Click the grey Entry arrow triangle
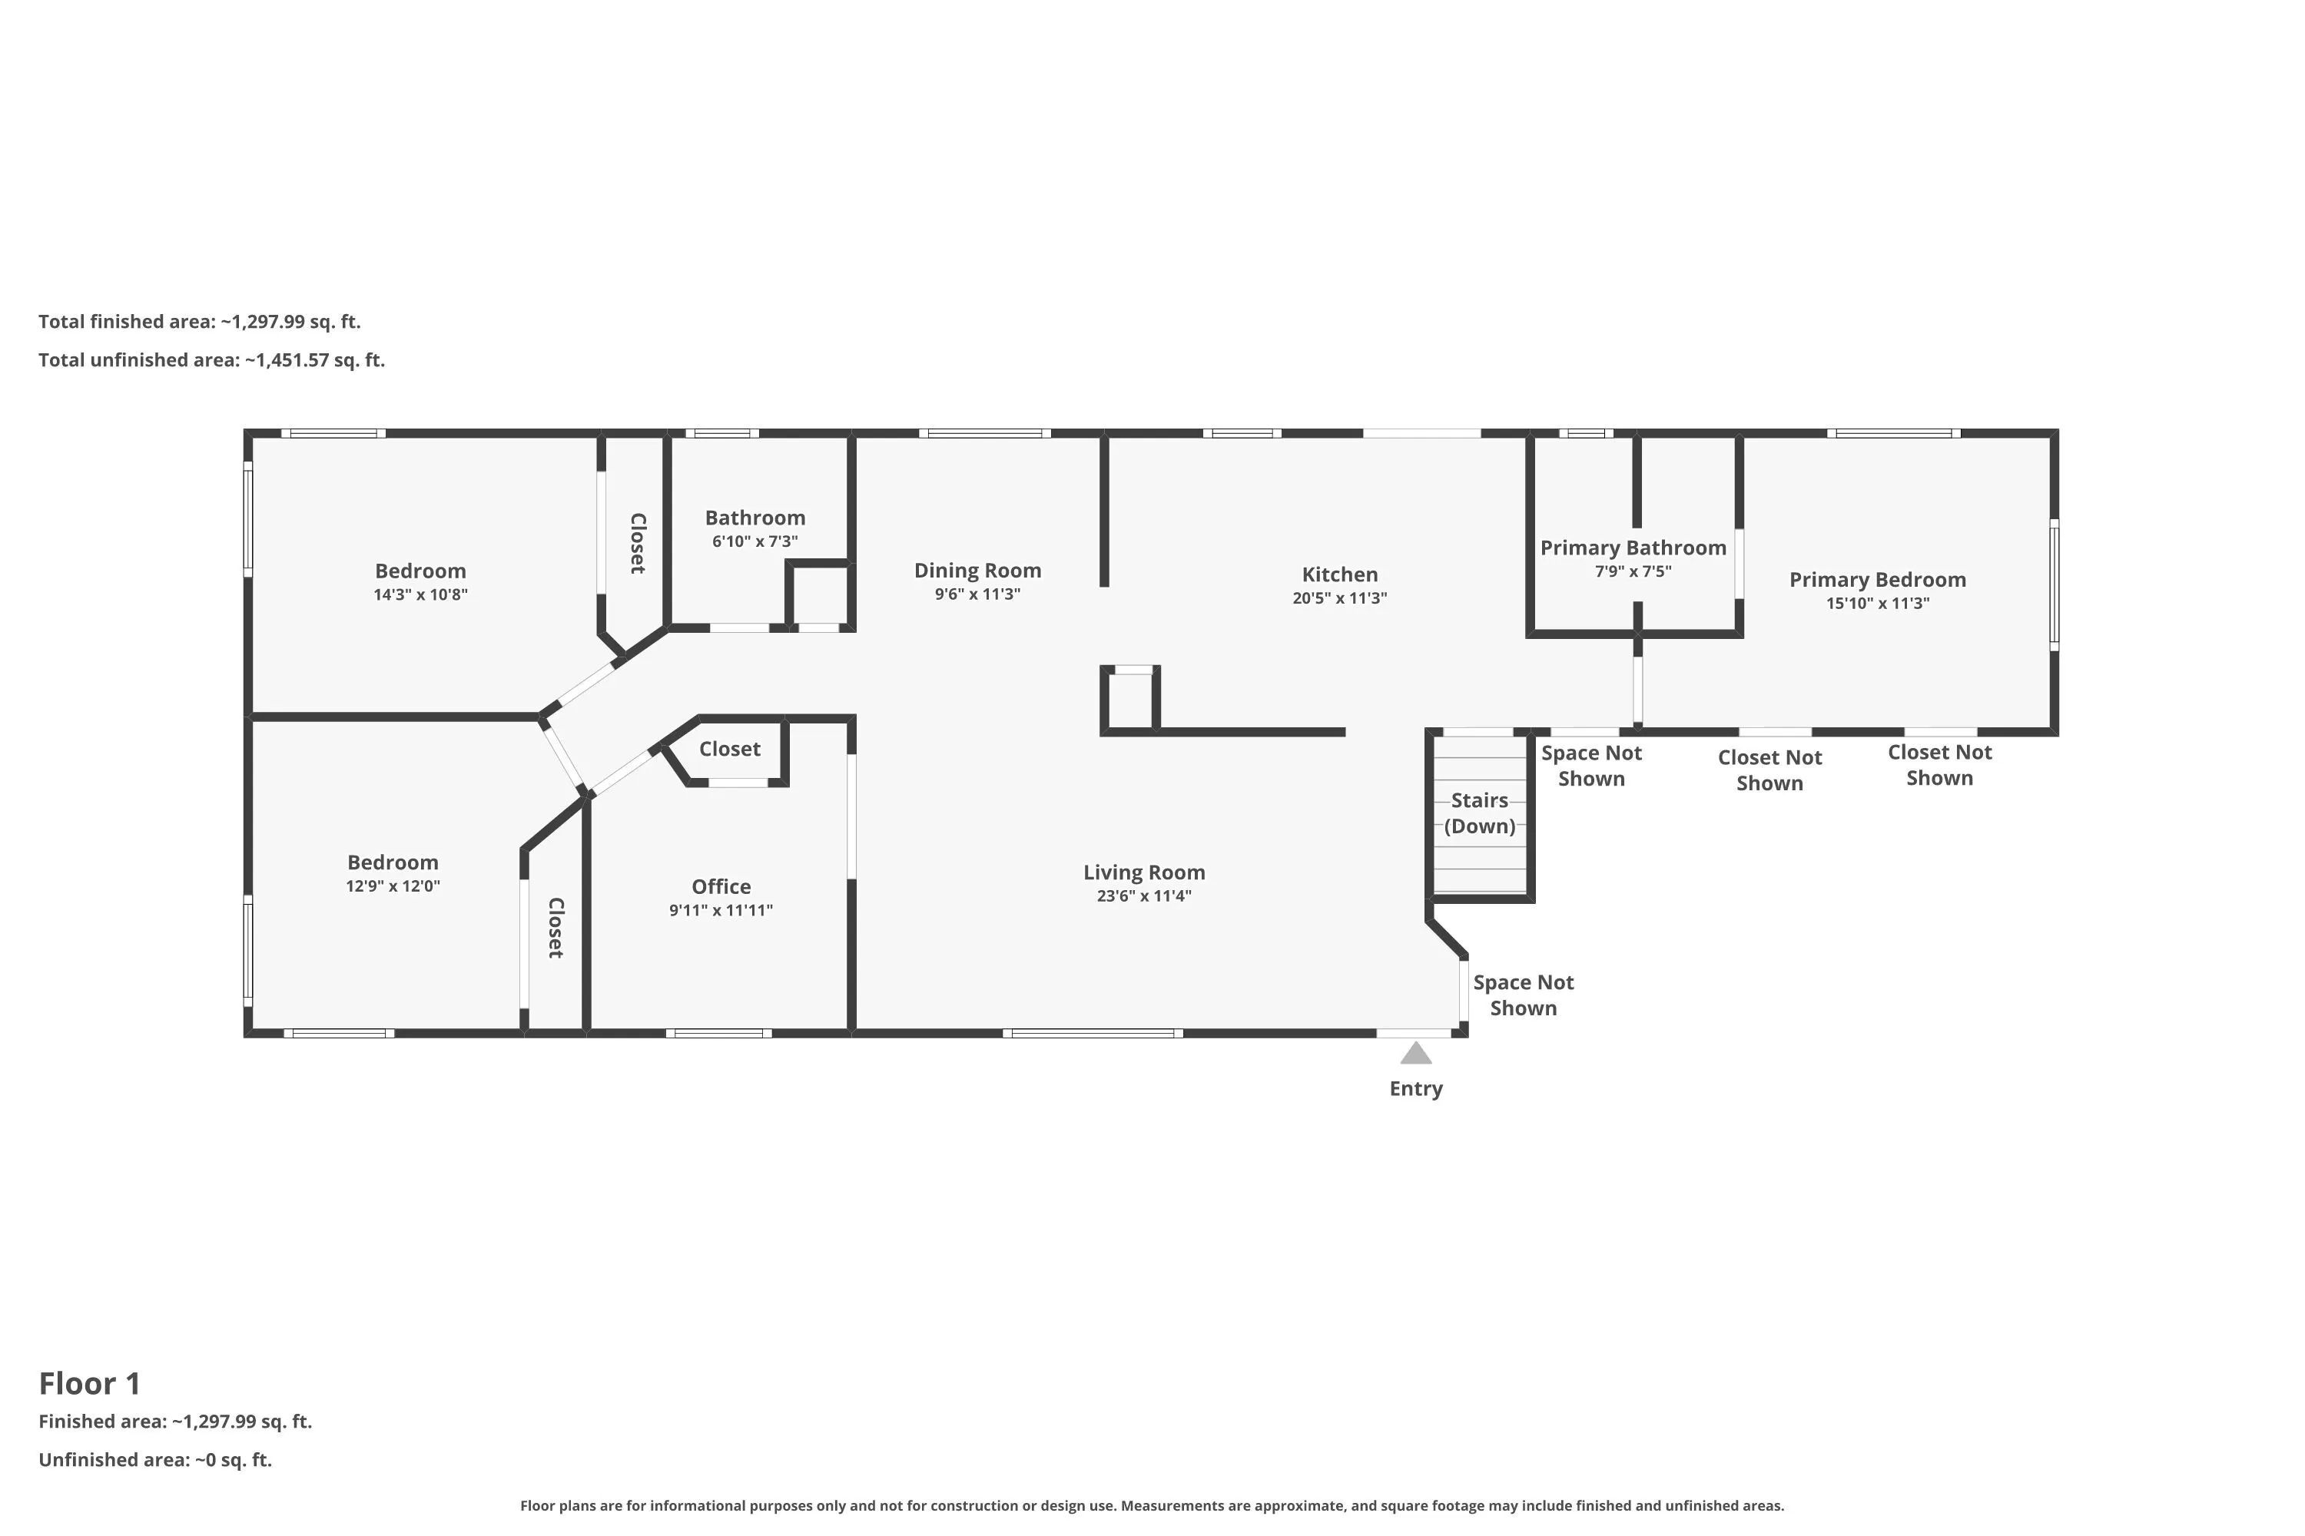1416,1054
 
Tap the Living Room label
1144,872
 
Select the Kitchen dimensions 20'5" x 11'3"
1340,598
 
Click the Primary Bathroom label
1633,548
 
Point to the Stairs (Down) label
1480,813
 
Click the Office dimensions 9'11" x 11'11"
721,911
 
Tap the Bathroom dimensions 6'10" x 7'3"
755,541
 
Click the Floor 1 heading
90,1383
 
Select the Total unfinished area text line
212,360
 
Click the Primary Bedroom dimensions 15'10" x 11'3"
1878,604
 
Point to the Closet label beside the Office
730,750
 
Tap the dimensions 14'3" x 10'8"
420,594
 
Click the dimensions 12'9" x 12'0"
393,886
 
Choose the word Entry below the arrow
1416,1089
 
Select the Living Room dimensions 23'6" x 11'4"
1144,896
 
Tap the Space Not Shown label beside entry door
1523,995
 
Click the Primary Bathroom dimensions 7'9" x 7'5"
1633,572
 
